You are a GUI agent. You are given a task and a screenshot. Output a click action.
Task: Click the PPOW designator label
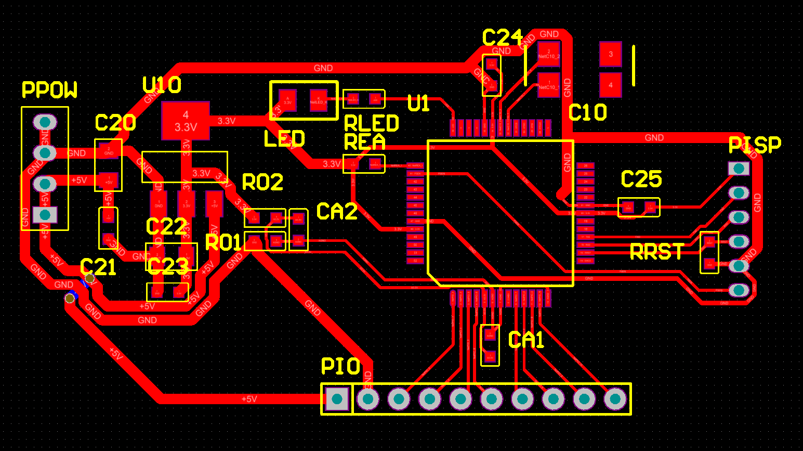coord(49,90)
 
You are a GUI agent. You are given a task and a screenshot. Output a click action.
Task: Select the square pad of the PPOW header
coord(45,214)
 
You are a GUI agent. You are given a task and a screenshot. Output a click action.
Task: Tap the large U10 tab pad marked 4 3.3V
coord(186,121)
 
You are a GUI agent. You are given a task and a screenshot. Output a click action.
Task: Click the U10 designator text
coord(162,85)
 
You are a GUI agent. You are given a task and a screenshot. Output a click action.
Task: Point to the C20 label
coord(115,123)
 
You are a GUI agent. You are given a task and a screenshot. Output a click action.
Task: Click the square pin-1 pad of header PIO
coord(337,399)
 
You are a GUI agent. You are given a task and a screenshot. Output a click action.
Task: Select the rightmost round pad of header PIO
coord(615,399)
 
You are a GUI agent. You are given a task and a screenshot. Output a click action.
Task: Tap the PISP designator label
coord(755,145)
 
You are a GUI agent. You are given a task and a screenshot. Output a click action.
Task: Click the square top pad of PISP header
coord(739,168)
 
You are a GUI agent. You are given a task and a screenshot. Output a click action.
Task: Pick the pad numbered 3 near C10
coord(611,54)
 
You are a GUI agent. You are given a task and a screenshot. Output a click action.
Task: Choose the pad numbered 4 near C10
coord(611,85)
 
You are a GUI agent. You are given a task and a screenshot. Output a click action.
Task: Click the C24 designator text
coord(502,37)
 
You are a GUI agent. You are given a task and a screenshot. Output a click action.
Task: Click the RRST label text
coord(657,252)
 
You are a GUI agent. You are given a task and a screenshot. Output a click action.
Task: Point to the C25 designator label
coord(641,179)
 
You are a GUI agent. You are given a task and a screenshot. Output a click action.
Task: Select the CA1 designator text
coord(526,340)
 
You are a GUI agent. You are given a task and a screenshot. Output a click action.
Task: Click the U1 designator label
coord(418,104)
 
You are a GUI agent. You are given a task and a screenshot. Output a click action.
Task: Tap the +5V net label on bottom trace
coord(249,399)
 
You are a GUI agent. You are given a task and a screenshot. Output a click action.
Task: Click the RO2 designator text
coord(263,183)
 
